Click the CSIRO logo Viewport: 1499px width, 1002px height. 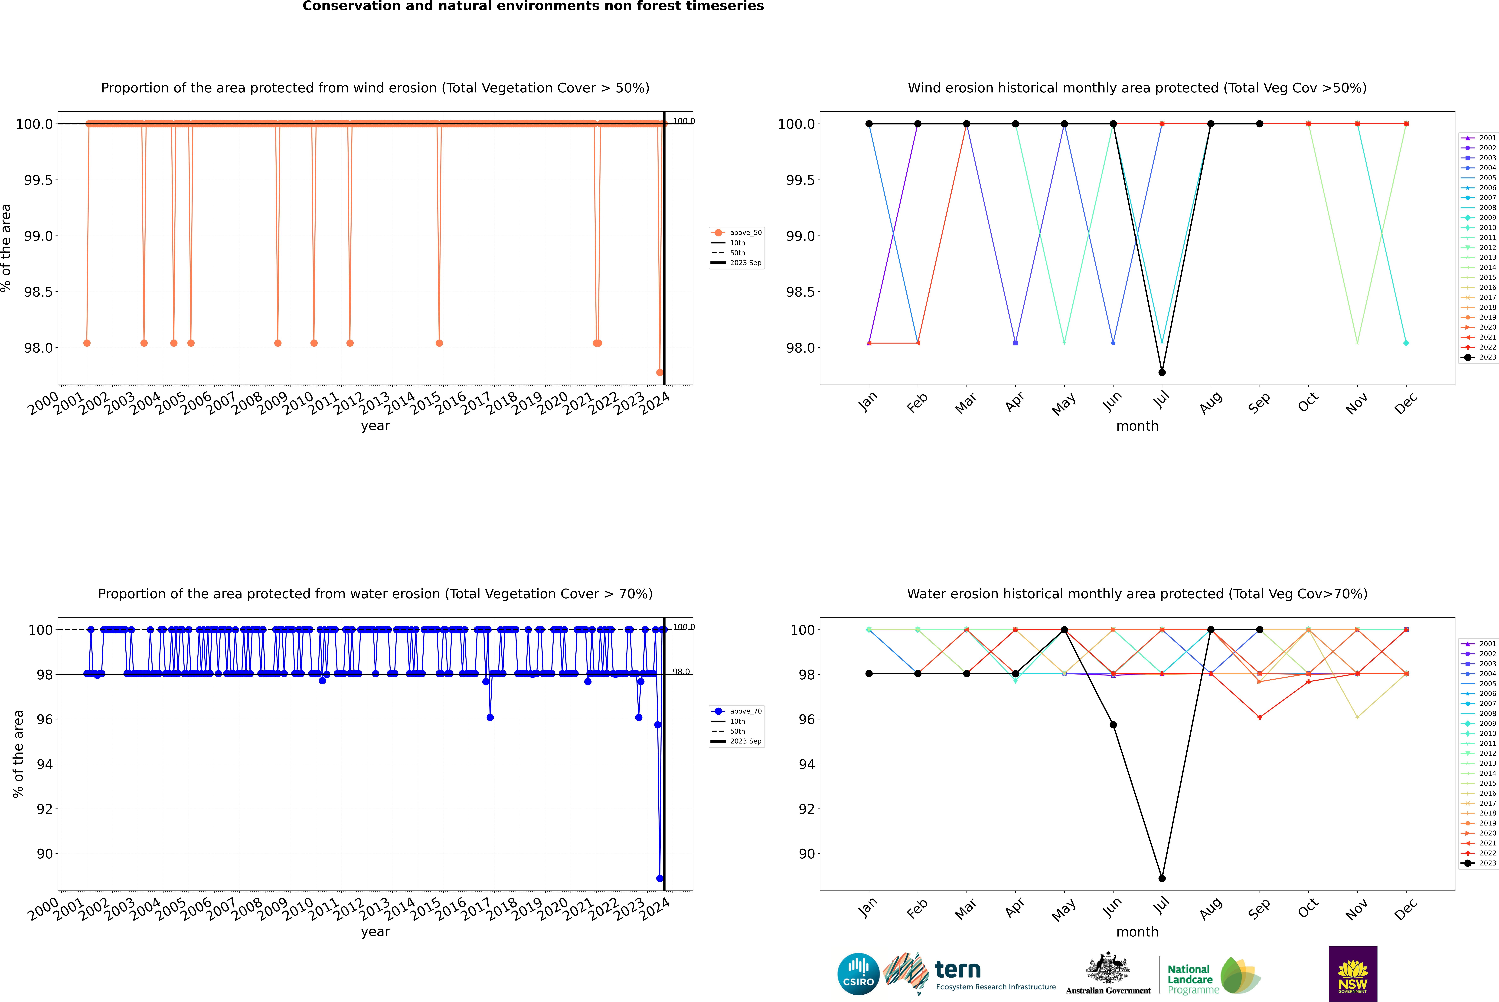(x=858, y=974)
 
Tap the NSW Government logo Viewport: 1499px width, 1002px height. (x=1353, y=974)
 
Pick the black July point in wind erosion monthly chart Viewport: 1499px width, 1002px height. (x=1162, y=373)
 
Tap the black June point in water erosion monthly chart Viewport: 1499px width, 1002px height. (x=1113, y=725)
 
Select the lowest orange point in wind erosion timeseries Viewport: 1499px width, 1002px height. (x=659, y=373)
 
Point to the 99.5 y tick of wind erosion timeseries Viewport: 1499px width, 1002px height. (x=38, y=180)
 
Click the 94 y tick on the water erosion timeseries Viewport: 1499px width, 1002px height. (x=45, y=764)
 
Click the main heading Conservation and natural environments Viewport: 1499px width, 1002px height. (x=533, y=6)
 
